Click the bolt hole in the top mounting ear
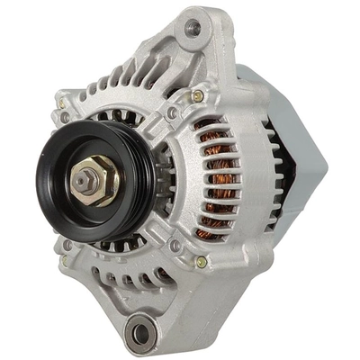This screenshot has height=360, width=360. [x=192, y=28]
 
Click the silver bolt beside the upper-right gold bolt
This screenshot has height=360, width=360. [x=173, y=112]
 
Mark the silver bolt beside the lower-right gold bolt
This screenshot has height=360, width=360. [x=176, y=245]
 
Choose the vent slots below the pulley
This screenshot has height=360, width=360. [x=135, y=274]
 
